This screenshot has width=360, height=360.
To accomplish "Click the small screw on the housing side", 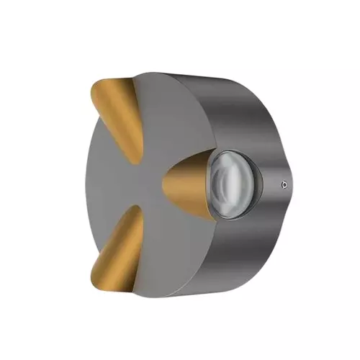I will (285, 184).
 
